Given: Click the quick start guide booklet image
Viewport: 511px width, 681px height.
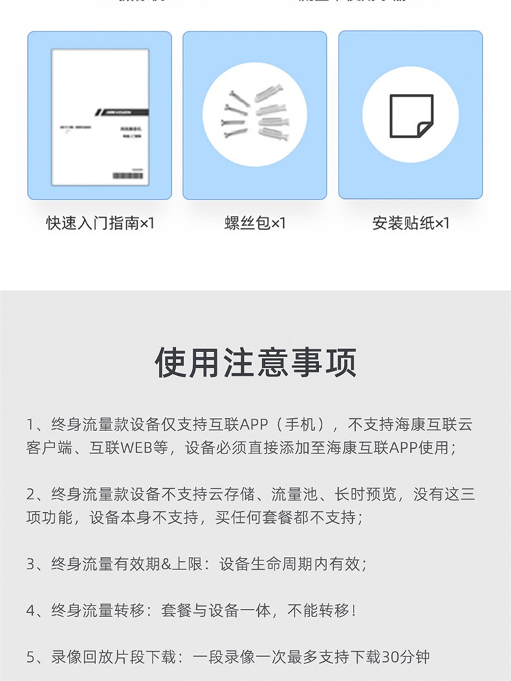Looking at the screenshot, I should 100,116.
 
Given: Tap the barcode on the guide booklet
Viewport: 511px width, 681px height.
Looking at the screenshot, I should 128,175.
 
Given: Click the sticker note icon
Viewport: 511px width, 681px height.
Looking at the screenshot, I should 411,115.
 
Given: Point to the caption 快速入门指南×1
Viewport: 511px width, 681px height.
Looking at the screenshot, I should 100,223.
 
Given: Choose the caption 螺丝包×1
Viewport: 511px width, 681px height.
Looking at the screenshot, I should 255,223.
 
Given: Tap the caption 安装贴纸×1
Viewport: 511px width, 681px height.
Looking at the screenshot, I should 411,223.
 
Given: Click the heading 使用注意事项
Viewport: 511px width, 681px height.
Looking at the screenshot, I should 255,363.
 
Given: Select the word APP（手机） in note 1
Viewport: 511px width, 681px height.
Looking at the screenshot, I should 279,426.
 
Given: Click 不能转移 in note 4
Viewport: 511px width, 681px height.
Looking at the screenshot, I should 318,611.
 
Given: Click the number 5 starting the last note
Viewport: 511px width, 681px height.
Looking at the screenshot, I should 31,657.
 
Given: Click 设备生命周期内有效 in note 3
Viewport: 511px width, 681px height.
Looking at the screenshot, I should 296,565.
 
